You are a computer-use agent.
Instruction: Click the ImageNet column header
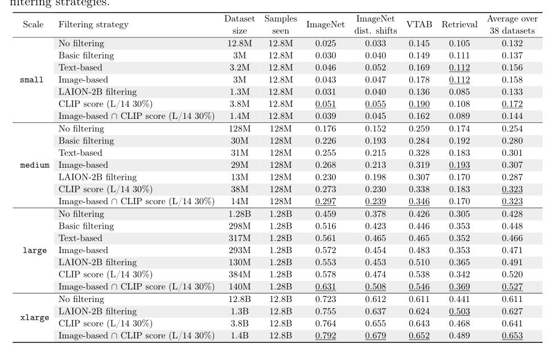321,24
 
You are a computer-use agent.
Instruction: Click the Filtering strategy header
93,24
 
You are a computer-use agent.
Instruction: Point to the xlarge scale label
28,317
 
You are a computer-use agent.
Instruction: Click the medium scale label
28,165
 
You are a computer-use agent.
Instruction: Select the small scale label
28,80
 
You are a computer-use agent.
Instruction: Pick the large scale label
28,250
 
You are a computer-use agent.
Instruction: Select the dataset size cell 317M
239,238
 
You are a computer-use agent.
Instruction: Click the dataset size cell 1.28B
239,214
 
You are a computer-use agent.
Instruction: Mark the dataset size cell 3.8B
239,324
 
